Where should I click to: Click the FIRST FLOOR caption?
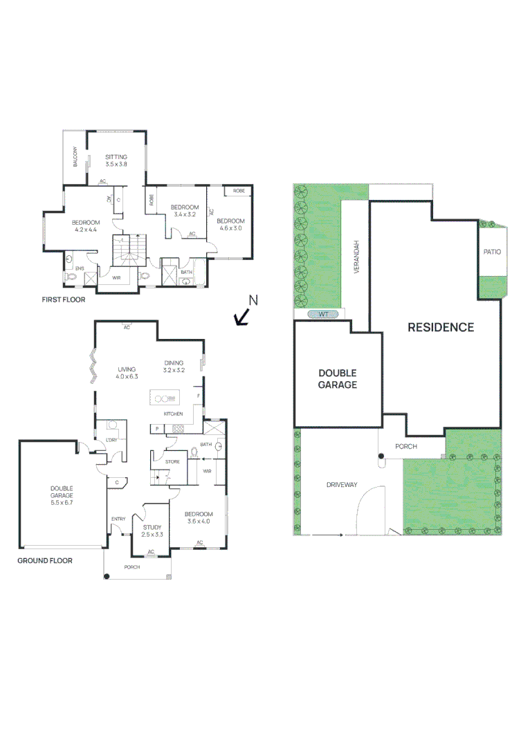coord(63,301)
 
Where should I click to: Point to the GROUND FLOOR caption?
coord(44,561)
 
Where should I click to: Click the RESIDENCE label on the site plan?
coord(440,327)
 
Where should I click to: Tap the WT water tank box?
coord(322,315)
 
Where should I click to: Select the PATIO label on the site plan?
coord(492,252)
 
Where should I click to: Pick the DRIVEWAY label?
coord(342,484)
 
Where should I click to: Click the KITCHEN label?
coord(173,414)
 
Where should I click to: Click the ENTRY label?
coord(118,519)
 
